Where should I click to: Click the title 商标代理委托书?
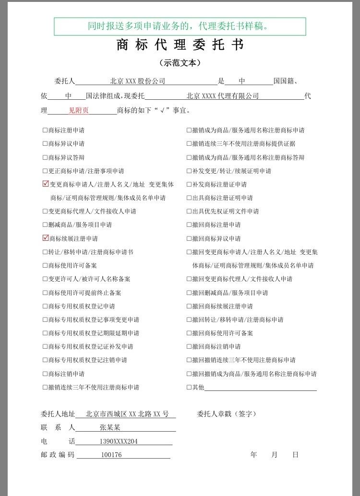pos(180,45)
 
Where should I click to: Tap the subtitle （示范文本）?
pos(180,63)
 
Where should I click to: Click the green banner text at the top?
pos(180,26)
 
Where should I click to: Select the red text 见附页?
pos(79,110)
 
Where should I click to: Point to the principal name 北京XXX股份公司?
pos(137,82)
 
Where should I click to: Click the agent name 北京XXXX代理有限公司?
pos(223,96)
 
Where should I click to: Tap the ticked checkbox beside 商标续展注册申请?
pos(46,238)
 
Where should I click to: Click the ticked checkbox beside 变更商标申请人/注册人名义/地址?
pos(46,184)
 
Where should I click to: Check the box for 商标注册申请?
pos(45,130)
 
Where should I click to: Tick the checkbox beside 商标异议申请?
pos(45,143)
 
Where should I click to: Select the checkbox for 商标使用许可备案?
pos(45,265)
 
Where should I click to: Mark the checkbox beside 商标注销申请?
pos(45,374)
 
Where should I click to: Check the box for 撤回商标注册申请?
pos(189,224)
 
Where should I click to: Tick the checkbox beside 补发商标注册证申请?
pos(189,184)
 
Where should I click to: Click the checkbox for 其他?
pos(189,387)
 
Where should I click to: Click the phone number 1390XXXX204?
pos(119,441)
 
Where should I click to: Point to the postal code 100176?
pos(111,455)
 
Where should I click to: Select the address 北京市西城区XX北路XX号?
pos(127,414)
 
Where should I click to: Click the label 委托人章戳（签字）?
pos(227,414)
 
